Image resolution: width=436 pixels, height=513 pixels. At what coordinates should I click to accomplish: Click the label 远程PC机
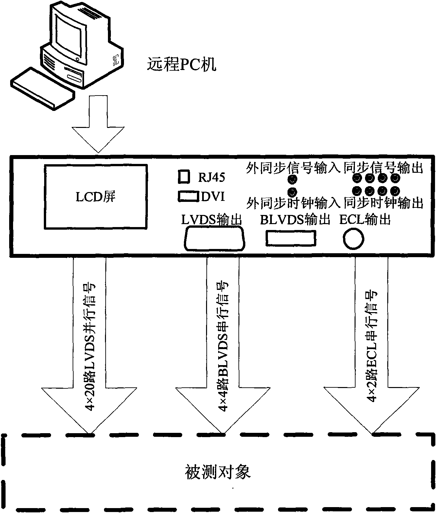[x=182, y=64]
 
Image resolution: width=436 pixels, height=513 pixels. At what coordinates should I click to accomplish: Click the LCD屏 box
[x=96, y=196]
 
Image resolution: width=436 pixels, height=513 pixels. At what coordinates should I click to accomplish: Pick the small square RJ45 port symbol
[x=184, y=177]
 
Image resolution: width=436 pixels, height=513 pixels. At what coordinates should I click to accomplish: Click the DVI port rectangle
[x=188, y=196]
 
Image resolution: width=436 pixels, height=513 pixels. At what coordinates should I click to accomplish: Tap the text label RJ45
[x=211, y=177]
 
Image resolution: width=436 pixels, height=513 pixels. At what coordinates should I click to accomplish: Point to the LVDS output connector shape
[x=215, y=240]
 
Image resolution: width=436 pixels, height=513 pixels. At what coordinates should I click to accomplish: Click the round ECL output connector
[x=353, y=239]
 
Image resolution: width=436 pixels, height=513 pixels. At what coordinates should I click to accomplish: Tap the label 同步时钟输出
[x=383, y=203]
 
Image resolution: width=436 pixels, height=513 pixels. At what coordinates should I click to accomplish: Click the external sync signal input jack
[x=292, y=179]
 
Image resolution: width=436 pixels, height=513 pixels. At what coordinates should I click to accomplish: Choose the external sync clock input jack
[x=292, y=191]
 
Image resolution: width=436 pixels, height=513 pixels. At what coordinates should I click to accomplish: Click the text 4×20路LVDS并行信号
[x=91, y=347]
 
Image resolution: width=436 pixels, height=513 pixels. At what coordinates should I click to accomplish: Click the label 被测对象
[x=218, y=472]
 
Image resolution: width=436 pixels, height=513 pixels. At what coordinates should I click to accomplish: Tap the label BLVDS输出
[x=295, y=220]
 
